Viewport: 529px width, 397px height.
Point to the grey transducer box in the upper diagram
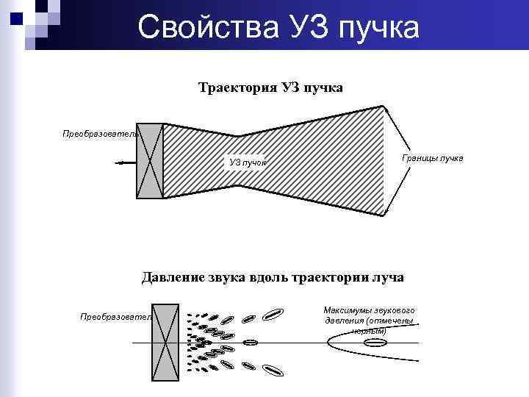tap(149, 161)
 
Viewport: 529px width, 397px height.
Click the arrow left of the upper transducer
tap(124, 162)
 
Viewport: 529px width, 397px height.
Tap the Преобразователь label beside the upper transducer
tap(100, 134)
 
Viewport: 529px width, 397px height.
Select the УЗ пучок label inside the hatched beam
tap(248, 162)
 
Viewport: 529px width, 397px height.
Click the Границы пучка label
tap(433, 158)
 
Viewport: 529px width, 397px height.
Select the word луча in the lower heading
tap(387, 277)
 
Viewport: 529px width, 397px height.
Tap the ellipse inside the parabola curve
tap(374, 343)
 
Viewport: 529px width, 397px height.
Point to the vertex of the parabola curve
tap(328, 343)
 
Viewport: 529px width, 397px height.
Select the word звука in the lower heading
tap(231, 277)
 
